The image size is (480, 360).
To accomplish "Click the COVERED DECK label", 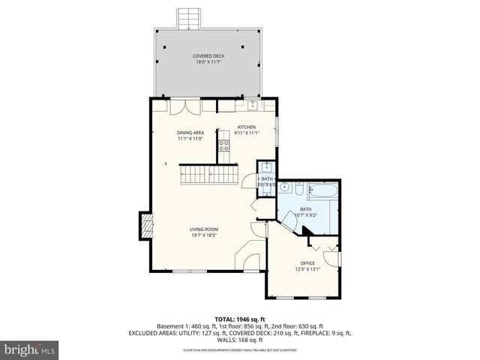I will [208, 55].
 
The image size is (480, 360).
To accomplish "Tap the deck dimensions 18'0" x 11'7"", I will [208, 62].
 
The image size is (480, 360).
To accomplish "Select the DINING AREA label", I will [190, 133].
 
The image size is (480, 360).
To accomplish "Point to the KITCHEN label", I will [247, 127].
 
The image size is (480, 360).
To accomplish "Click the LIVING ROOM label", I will [203, 229].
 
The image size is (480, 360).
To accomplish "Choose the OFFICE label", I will [307, 262].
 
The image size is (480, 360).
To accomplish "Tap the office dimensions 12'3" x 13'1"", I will [307, 269].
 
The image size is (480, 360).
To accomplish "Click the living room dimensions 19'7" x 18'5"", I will [203, 235].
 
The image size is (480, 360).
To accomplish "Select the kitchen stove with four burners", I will [223, 145].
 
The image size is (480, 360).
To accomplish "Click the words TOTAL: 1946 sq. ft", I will [239, 319].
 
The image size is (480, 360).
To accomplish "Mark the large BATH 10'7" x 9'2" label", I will [306, 212].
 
